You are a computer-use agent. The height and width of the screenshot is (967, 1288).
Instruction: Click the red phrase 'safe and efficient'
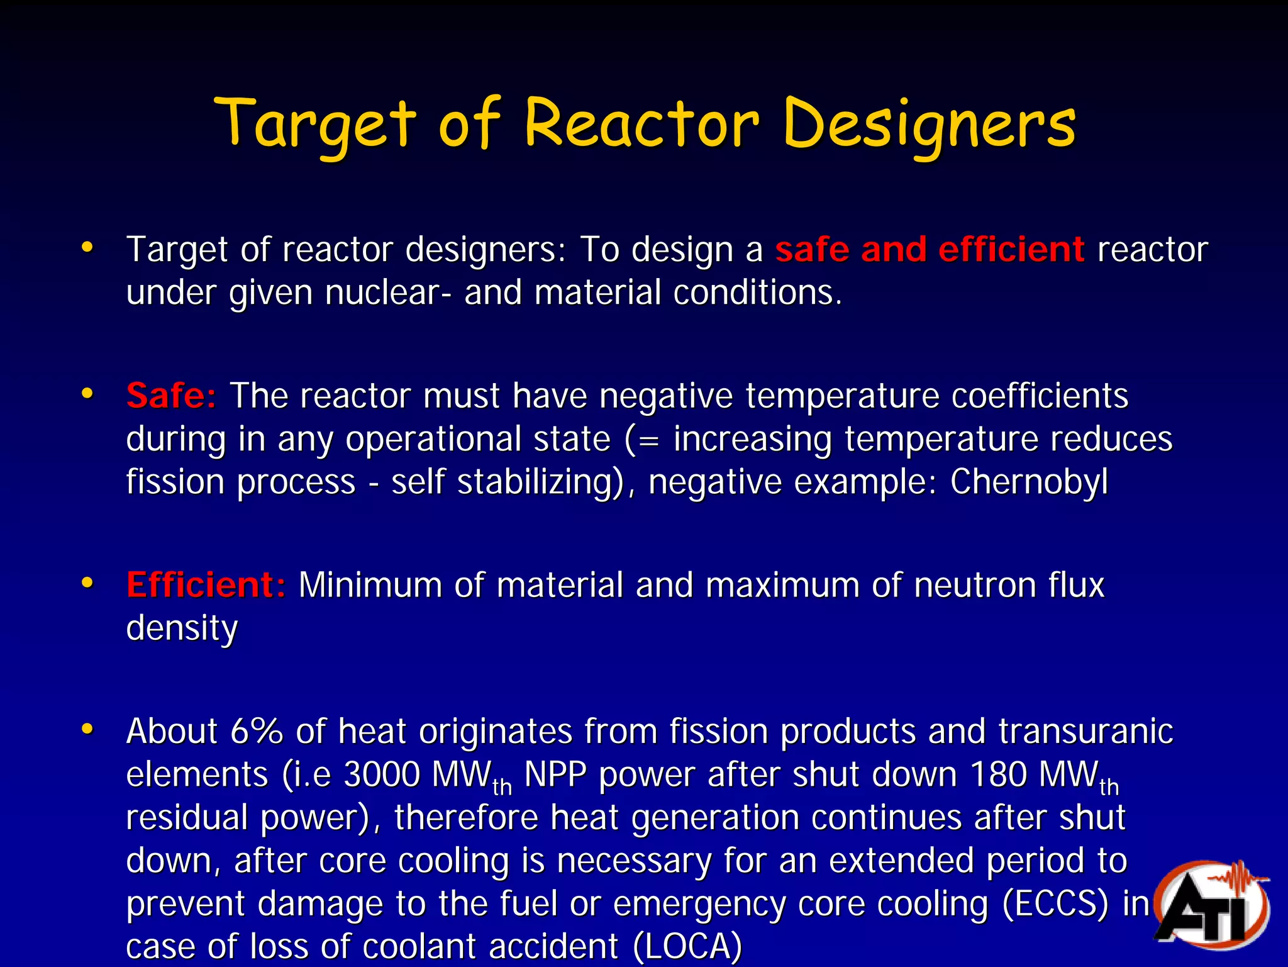coord(930,249)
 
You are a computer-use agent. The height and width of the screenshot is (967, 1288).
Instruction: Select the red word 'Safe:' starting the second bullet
coord(171,396)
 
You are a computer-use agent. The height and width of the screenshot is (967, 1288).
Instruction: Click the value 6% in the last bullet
coord(257,731)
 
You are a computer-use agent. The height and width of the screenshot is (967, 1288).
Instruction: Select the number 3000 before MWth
coord(382,774)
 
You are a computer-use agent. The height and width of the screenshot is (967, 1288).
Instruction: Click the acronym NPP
coord(555,774)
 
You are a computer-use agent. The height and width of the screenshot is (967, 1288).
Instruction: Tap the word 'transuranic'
coord(1085,731)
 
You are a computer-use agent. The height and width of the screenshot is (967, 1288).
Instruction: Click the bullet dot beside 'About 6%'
coord(87,729)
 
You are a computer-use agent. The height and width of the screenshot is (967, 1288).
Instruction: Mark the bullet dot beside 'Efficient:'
coord(87,583)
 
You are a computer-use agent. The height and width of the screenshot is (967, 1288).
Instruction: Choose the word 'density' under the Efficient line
coord(182,628)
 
